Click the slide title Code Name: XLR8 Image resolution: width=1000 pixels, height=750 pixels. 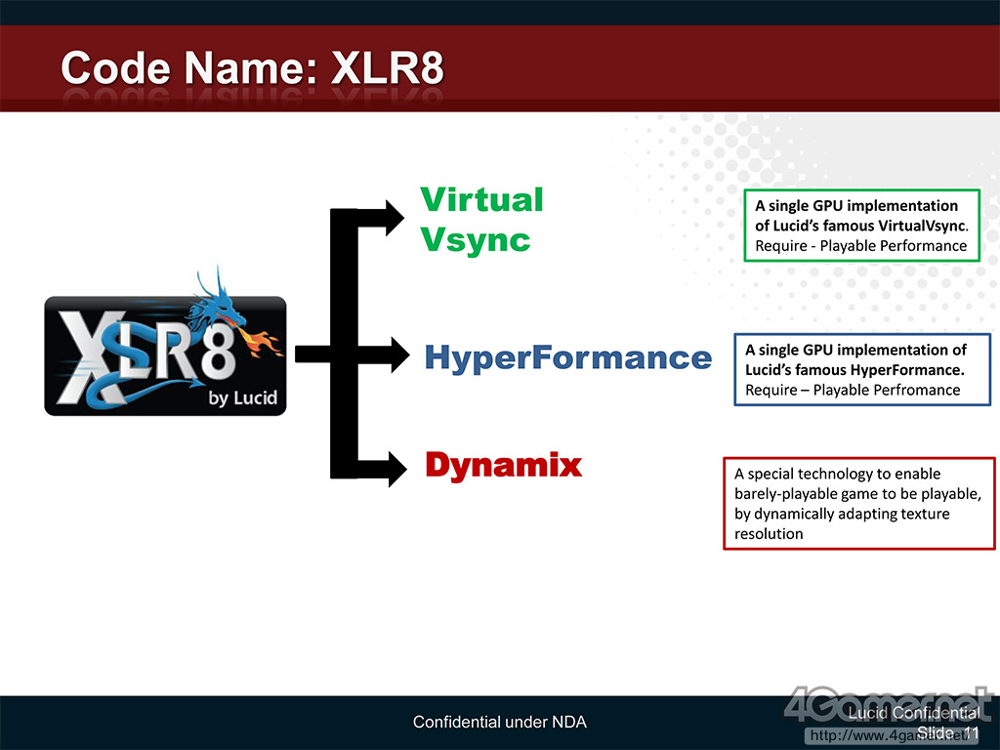click(x=252, y=68)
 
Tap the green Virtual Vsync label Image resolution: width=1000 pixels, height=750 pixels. click(x=480, y=219)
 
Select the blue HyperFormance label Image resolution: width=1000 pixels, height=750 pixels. click(x=567, y=357)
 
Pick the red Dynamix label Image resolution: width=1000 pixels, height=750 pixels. click(x=503, y=465)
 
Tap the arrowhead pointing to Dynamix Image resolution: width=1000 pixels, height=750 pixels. click(x=396, y=468)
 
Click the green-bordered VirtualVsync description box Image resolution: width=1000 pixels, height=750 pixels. click(x=860, y=226)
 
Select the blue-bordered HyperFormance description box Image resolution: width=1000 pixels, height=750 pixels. click(x=862, y=369)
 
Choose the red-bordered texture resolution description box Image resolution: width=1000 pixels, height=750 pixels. click(x=858, y=503)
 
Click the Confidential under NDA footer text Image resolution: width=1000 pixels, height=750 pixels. click(x=499, y=723)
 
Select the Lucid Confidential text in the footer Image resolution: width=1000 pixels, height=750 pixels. click(x=913, y=714)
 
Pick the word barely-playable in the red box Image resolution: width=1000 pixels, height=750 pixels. click(x=781, y=493)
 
